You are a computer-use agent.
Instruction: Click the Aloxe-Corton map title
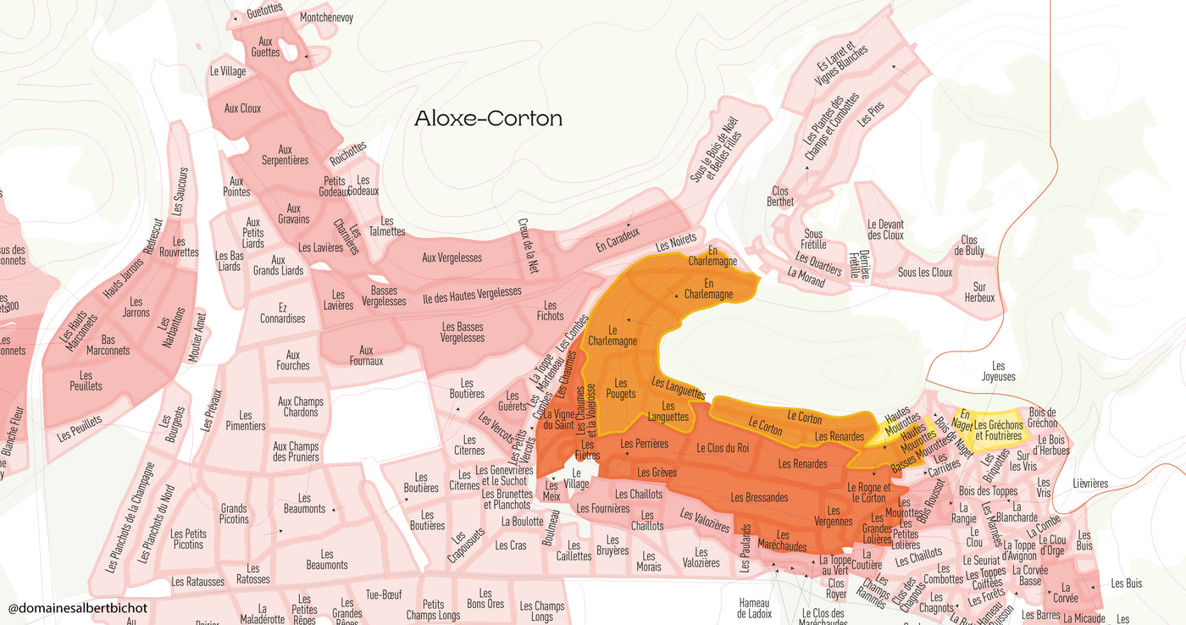point(488,119)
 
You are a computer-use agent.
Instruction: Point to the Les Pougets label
point(621,389)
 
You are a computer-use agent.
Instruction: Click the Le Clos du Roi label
point(723,448)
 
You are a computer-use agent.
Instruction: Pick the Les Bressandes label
point(759,497)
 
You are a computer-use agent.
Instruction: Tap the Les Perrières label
point(644,444)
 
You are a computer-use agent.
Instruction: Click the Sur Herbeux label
point(979,292)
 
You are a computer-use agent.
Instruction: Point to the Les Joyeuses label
point(998,371)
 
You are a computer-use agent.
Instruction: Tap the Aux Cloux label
point(242,108)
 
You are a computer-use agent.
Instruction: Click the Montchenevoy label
point(326,17)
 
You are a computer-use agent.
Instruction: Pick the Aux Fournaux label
point(366,356)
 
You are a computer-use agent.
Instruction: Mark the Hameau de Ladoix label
point(754,607)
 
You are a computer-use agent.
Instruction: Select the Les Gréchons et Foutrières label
point(998,430)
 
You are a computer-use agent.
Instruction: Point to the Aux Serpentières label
point(285,155)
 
